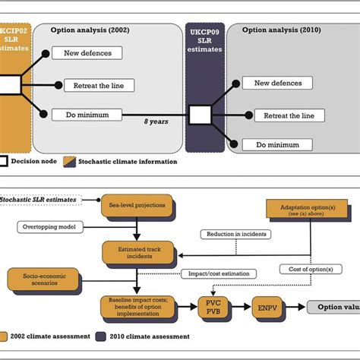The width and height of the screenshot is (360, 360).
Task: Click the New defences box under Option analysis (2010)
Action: point(278,84)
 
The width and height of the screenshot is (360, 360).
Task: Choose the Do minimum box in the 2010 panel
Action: point(278,144)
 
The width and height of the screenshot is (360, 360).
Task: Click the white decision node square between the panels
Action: point(201,115)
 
